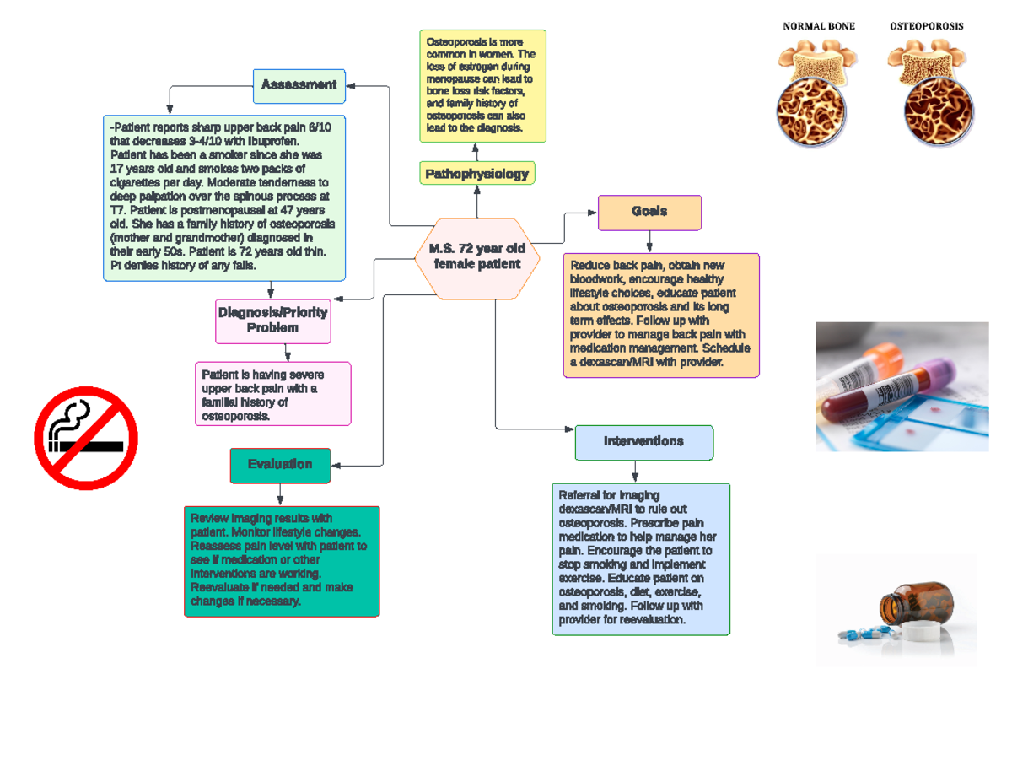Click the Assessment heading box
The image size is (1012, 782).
[299, 85]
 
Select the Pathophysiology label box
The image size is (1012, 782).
[477, 174]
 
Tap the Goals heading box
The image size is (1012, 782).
[649, 212]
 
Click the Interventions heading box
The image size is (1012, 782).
[643, 442]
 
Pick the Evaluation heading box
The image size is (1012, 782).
[280, 465]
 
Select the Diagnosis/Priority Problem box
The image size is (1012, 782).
[273, 321]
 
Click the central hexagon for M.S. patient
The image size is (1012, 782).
[477, 257]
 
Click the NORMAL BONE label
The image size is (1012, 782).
[819, 26]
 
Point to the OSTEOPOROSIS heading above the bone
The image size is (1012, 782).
[927, 26]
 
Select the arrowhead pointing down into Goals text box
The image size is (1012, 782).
[649, 247]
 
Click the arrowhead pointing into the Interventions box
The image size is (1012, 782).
[569, 429]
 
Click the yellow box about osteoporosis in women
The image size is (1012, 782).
[483, 85]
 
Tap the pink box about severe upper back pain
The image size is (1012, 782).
[273, 394]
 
